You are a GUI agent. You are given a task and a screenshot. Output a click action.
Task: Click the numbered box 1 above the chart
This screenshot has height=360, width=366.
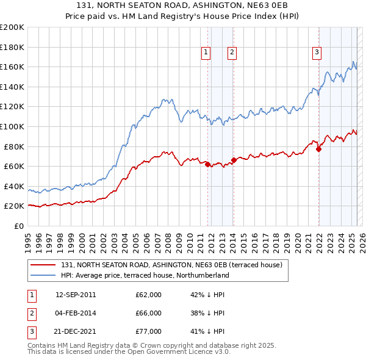tap(206, 53)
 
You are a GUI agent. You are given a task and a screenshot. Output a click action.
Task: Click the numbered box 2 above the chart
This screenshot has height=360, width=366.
tap(232, 53)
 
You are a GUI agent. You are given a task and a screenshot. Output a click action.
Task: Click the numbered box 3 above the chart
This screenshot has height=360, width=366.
tap(317, 53)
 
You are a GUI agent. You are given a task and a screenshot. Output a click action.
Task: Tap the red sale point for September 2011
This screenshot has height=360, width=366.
tap(207, 164)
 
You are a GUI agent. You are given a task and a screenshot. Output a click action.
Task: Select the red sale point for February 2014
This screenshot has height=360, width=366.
tap(234, 160)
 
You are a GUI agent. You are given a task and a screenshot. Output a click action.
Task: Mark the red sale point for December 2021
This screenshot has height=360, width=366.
tap(318, 149)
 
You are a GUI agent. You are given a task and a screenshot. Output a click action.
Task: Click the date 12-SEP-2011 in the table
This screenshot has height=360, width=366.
tap(76, 295)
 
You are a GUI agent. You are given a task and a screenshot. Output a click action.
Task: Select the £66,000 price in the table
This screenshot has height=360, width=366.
tap(148, 313)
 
